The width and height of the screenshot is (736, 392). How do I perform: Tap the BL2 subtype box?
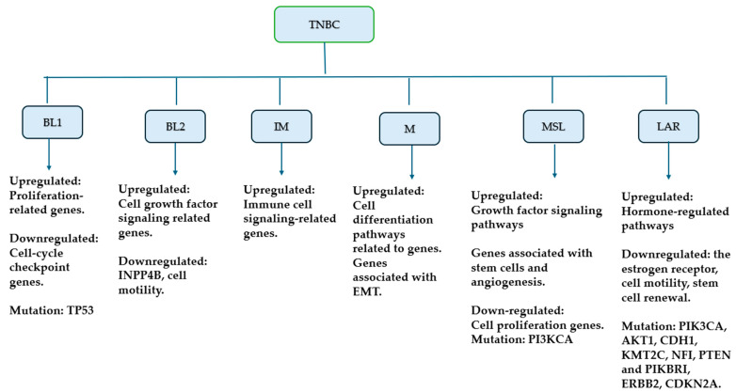[x=175, y=126]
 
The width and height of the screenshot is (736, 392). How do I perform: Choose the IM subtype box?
[x=280, y=125]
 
